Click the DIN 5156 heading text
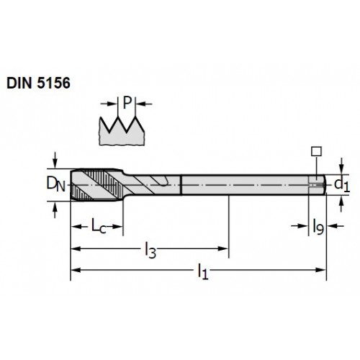(x=38, y=83)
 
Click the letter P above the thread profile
(x=127, y=103)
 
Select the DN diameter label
(x=55, y=184)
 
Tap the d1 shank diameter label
(x=342, y=185)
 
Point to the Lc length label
(x=99, y=226)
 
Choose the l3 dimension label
(x=150, y=250)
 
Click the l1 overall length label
(x=203, y=271)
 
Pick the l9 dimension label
(x=318, y=227)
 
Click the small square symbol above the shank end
(x=316, y=151)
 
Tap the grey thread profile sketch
(x=122, y=131)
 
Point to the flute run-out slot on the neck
(x=161, y=181)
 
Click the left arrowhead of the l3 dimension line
(x=76, y=248)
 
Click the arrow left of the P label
(x=109, y=104)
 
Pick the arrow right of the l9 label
(x=336, y=226)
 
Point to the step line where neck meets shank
(x=181, y=185)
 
